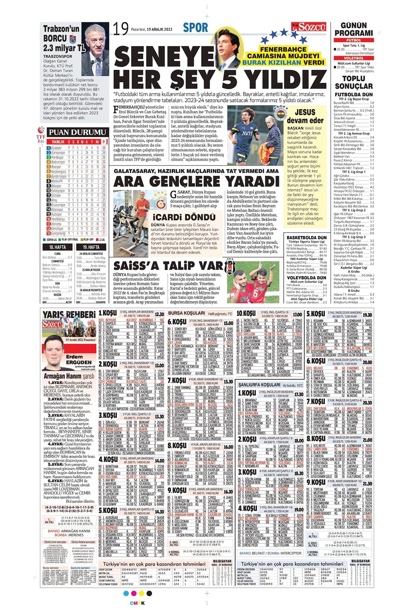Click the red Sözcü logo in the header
[x=308, y=28]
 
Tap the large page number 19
[x=120, y=29]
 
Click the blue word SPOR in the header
[x=195, y=28]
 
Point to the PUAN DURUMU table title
[x=78, y=132]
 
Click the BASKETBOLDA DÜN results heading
[x=307, y=238]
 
